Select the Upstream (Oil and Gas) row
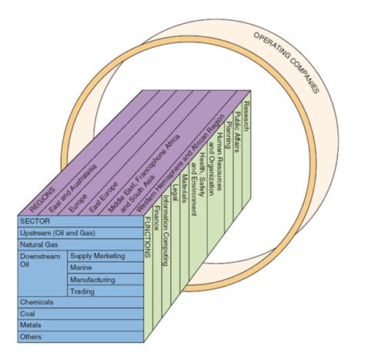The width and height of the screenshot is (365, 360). click(65, 233)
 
